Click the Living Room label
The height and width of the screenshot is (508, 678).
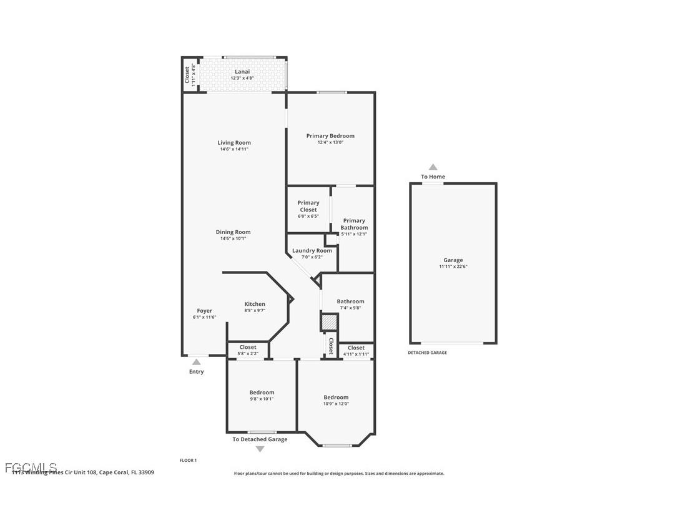[x=234, y=143]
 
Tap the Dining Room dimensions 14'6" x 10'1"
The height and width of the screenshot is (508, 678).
[x=234, y=238]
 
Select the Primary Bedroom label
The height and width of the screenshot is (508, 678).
[x=330, y=136]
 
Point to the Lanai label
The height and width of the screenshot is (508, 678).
[x=242, y=72]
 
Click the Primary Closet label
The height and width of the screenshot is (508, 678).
[x=308, y=206]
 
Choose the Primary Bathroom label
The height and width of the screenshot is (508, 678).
[x=354, y=224]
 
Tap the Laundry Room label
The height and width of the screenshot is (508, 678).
[x=312, y=250]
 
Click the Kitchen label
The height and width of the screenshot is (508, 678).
[x=255, y=304]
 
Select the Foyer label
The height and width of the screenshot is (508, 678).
[x=205, y=311]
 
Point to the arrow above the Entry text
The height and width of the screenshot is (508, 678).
[x=196, y=362]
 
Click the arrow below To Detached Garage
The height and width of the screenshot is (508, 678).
[x=260, y=449]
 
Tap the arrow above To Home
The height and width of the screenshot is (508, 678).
[x=433, y=167]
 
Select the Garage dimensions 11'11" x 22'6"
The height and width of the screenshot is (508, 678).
[x=453, y=266]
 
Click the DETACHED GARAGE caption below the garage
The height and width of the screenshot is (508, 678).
[x=428, y=353]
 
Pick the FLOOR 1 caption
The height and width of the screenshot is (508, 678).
[x=188, y=461]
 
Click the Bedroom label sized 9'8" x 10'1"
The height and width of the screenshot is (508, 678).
[x=262, y=393]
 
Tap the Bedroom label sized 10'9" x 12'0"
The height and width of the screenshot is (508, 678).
[x=336, y=398]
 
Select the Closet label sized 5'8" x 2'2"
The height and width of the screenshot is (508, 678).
[x=248, y=348]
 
